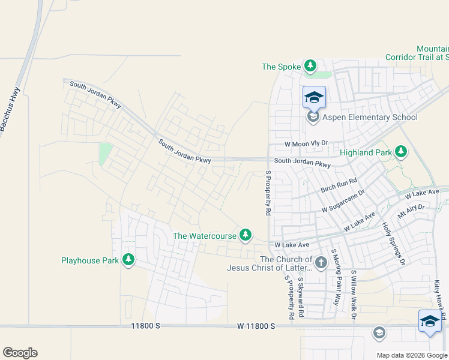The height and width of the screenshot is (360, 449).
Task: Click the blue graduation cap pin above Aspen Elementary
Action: pos(314,97)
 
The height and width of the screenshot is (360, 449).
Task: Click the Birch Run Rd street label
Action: pos(339,184)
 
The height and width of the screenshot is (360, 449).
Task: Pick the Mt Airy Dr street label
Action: pos(411,211)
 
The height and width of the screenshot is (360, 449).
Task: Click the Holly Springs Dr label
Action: pos(393,243)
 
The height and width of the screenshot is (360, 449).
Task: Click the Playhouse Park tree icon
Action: pos(128,260)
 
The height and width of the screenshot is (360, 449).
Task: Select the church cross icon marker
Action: pos(321,262)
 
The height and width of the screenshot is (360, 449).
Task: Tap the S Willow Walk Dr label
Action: pos(354,294)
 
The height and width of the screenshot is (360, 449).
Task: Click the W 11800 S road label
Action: pos(256,326)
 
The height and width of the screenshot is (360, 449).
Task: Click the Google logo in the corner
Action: pos(20,352)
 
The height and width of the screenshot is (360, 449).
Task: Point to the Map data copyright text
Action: pos(411,355)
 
